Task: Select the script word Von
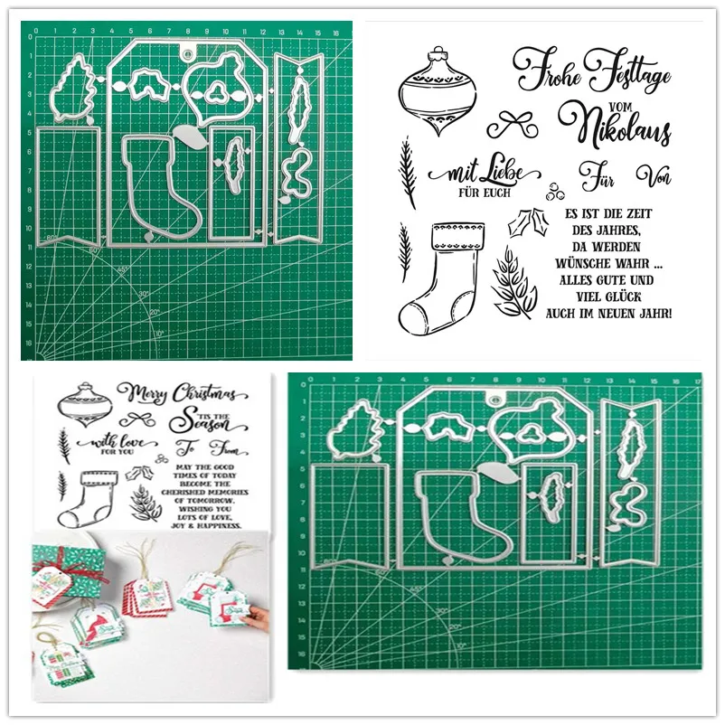click(x=653, y=174)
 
